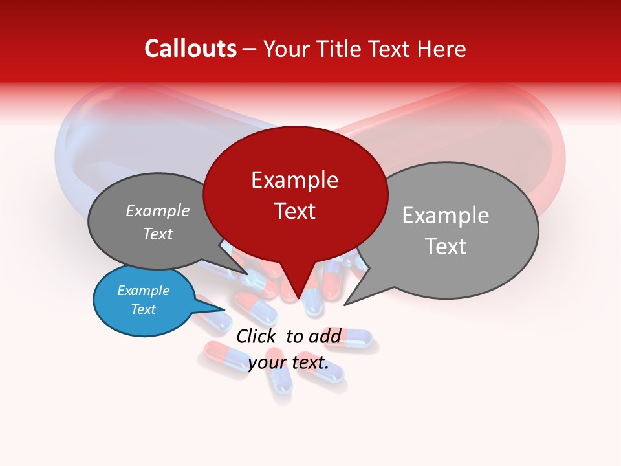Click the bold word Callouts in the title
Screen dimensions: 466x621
point(190,49)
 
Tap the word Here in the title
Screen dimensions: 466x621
point(442,49)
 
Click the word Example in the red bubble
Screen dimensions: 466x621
point(294,180)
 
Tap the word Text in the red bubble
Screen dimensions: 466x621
point(294,211)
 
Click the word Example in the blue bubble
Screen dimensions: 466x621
point(143,291)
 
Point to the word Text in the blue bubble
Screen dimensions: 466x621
point(143,309)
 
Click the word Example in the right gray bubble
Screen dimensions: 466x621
point(445,216)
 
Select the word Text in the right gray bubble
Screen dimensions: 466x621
point(445,247)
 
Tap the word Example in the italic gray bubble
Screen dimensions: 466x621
point(157,211)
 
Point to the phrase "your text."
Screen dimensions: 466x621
point(288,362)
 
